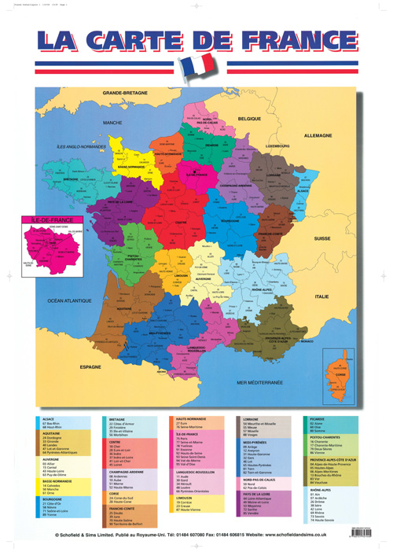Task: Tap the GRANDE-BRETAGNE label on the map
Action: pyautogui.click(x=124, y=93)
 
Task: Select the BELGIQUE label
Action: pyautogui.click(x=249, y=117)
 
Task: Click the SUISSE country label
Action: pyautogui.click(x=322, y=237)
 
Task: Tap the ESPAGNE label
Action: pyautogui.click(x=91, y=367)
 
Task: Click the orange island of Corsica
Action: pyautogui.click(x=342, y=370)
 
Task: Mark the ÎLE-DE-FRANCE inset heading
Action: pyautogui.click(x=50, y=219)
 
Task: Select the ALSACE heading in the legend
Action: pyautogui.click(x=50, y=420)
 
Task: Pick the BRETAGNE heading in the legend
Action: pyautogui.click(x=118, y=420)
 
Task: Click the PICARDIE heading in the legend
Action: pyautogui.click(x=314, y=420)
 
